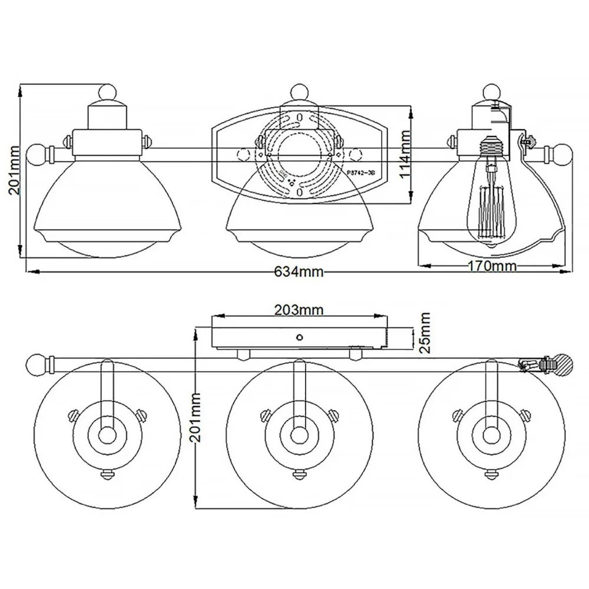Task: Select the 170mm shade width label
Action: point(492,266)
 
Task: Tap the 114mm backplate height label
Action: point(420,155)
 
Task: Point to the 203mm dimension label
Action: point(299,309)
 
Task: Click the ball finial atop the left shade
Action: point(107,92)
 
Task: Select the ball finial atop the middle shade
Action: point(299,92)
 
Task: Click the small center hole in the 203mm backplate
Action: point(300,337)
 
